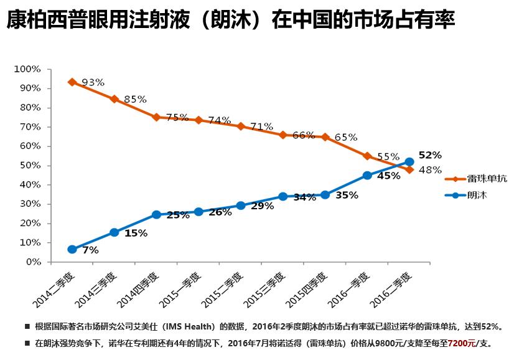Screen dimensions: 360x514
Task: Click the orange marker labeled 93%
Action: (72, 82)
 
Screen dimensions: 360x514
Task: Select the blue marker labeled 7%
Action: (72, 249)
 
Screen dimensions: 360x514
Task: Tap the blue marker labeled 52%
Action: (409, 162)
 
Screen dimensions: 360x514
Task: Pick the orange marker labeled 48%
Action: (409, 169)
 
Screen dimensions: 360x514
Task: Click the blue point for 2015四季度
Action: (325, 195)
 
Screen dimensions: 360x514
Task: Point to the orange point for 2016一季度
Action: (367, 156)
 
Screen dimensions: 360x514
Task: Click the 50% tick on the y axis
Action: (30, 166)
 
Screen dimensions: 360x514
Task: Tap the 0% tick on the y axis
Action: (32, 262)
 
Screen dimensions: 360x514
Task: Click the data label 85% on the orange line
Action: (135, 99)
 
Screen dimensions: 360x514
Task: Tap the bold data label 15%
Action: (136, 234)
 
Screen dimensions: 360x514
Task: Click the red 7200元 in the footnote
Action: (462, 343)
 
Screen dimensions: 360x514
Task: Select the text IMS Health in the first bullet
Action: (190, 326)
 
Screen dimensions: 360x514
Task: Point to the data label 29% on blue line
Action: (262, 206)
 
